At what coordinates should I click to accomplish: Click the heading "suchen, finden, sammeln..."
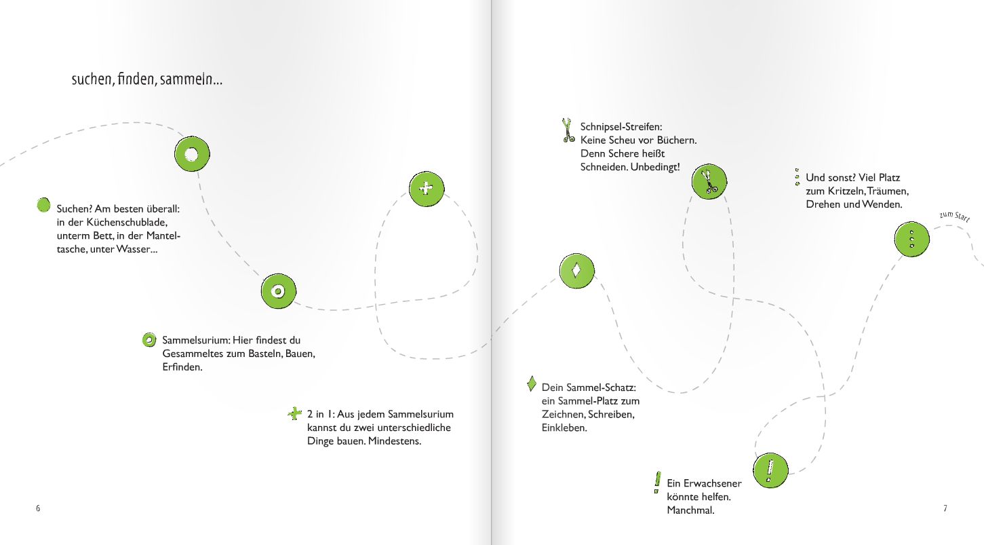pos(146,79)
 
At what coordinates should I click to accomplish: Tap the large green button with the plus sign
pos(427,189)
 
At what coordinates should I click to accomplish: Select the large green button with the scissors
pos(709,181)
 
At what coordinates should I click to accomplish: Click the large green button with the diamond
pos(577,271)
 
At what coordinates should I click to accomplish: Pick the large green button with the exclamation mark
pos(770,470)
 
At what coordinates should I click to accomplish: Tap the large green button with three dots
pos(912,239)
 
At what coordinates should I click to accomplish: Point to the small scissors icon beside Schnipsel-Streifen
pos(568,130)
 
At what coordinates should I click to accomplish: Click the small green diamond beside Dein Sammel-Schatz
pos(532,383)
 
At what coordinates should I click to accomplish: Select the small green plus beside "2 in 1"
pos(295,413)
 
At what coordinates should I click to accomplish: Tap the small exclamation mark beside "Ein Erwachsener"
pos(657,483)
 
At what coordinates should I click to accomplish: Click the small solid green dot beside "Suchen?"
pos(43,205)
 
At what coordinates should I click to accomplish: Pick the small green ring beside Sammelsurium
pos(149,340)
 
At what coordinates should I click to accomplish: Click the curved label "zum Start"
pos(954,217)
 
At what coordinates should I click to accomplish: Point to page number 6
pos(38,508)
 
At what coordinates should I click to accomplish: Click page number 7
pos(945,508)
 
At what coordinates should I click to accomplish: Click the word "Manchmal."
pos(690,510)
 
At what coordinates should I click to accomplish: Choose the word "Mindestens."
pos(395,441)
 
